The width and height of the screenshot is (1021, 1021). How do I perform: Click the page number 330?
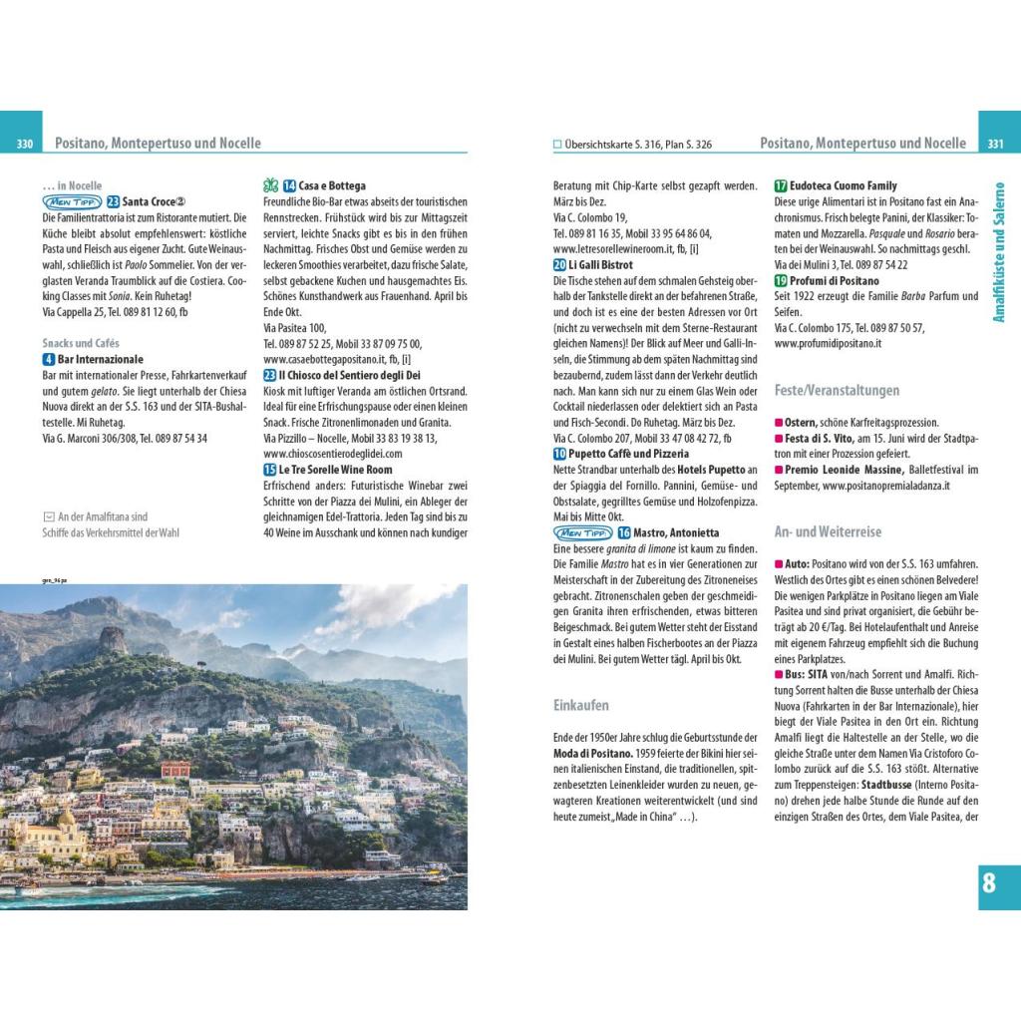(x=25, y=145)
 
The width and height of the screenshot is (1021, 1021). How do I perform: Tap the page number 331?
(x=995, y=145)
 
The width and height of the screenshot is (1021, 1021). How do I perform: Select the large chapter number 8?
(x=988, y=882)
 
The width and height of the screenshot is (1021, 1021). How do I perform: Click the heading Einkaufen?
(x=580, y=705)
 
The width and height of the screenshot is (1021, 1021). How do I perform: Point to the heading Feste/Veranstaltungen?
(x=837, y=390)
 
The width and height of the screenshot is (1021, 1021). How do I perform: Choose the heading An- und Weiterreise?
(x=828, y=531)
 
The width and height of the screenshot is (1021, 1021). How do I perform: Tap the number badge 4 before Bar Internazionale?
(x=49, y=359)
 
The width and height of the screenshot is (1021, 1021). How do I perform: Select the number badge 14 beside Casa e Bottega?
(x=289, y=185)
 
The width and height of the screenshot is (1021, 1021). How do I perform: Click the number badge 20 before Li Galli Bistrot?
(x=559, y=264)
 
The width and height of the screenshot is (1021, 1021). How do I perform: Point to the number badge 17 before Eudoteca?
(x=781, y=185)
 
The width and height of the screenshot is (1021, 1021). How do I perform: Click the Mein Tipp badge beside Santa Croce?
(x=73, y=201)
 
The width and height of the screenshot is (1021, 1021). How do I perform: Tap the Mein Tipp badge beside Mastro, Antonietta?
(x=582, y=532)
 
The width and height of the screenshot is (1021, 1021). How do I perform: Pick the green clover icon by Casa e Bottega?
(x=270, y=185)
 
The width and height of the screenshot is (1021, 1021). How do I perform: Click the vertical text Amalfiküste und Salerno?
(x=1000, y=250)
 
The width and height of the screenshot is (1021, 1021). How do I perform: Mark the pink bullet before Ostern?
(x=779, y=423)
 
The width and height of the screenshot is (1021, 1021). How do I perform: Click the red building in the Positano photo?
(x=175, y=769)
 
